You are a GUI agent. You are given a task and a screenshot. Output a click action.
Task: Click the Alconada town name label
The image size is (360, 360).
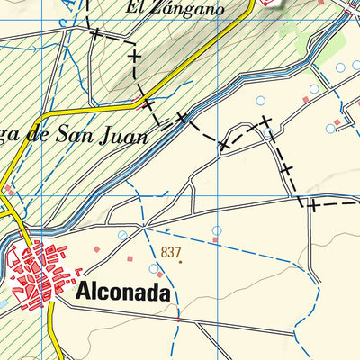click(x=122, y=291)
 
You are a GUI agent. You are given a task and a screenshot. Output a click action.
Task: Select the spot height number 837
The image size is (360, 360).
click(x=171, y=251)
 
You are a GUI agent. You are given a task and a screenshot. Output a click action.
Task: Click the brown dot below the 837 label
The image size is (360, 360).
click(x=179, y=262)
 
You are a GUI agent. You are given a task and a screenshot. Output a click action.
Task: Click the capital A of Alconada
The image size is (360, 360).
click(x=84, y=291)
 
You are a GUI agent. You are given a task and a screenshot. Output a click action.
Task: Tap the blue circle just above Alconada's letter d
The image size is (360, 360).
click(x=154, y=267)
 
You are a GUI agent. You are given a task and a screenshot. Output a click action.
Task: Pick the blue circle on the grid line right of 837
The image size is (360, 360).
click(x=217, y=230)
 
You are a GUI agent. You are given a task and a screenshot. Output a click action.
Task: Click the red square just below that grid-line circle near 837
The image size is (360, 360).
click(x=217, y=241)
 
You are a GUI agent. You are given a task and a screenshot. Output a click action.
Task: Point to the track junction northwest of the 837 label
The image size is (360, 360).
click(x=144, y=222)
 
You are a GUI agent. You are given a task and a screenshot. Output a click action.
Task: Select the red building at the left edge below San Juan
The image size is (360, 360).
click(x=9, y=191)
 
